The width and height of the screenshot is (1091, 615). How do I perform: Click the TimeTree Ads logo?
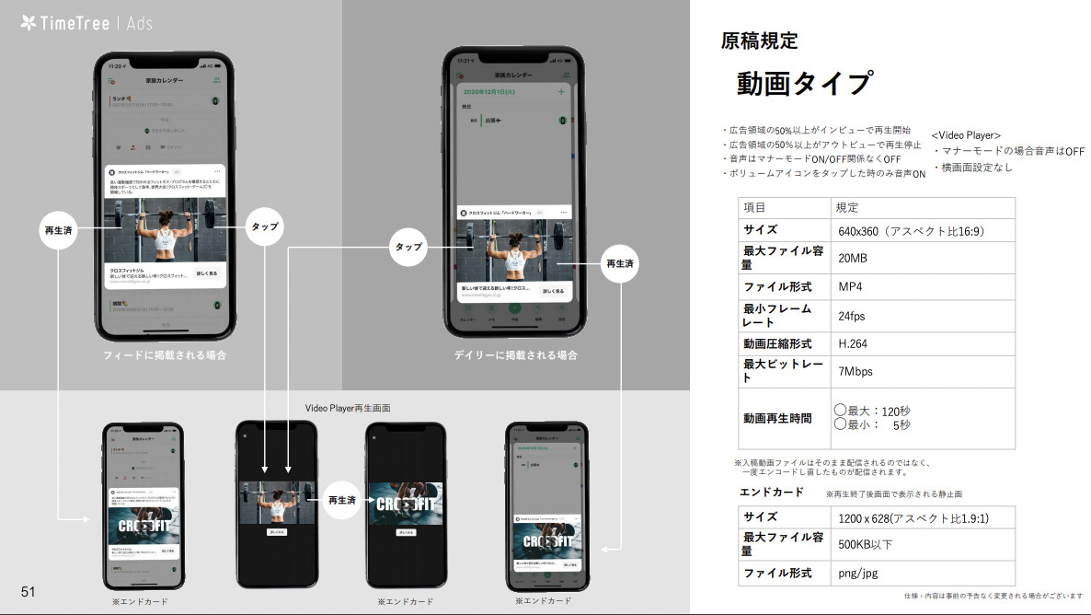pyautogui.click(x=86, y=23)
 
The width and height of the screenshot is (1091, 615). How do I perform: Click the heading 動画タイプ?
pyautogui.click(x=803, y=84)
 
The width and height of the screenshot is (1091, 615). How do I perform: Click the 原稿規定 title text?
pyautogui.click(x=759, y=41)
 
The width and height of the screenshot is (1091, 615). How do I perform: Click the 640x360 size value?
pyautogui.click(x=911, y=231)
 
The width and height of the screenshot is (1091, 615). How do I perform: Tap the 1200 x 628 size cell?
pyautogui.click(x=913, y=518)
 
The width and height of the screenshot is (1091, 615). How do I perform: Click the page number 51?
pyautogui.click(x=28, y=591)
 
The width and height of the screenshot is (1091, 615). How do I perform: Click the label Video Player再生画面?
pyautogui.click(x=353, y=408)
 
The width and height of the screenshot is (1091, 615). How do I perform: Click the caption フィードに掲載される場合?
pyautogui.click(x=164, y=354)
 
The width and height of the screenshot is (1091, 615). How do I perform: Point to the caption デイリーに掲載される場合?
pyautogui.click(x=515, y=354)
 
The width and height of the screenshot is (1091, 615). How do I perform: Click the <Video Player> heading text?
pyautogui.click(x=966, y=135)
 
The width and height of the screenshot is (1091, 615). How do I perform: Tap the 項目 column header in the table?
pyautogui.click(x=754, y=208)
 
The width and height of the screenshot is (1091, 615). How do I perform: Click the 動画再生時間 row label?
pyautogui.click(x=777, y=418)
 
